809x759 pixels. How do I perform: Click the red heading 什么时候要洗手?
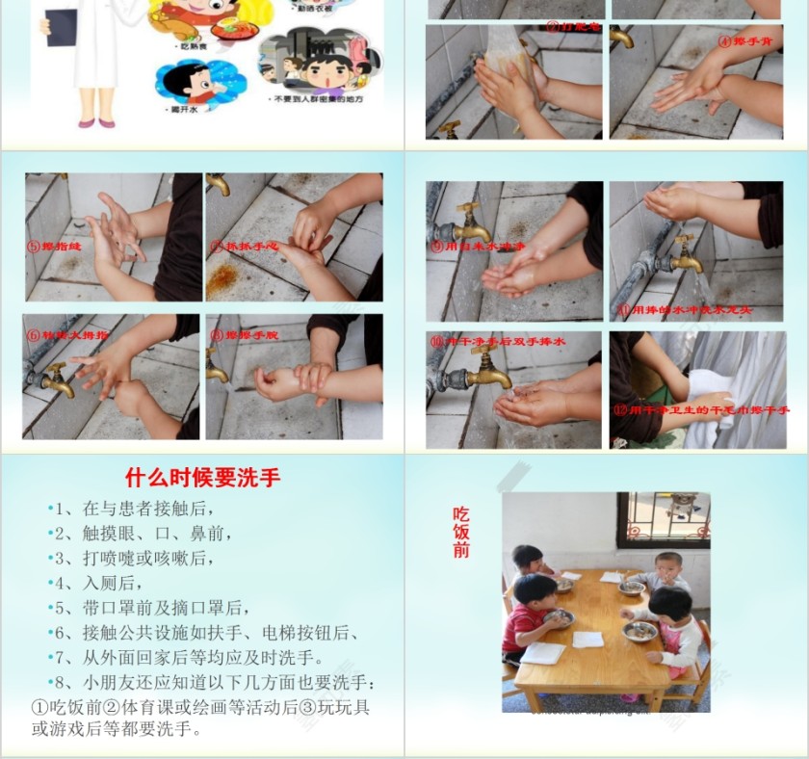pyautogui.click(x=202, y=477)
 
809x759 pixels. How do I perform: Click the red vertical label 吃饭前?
pyautogui.click(x=461, y=532)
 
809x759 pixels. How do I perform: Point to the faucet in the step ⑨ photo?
pyautogui.click(x=466, y=223)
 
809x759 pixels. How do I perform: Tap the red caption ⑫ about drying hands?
pyautogui.click(x=700, y=410)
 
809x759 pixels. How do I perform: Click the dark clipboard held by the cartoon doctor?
pyautogui.click(x=60, y=27)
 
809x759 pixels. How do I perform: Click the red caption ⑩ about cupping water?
pyautogui.click(x=498, y=342)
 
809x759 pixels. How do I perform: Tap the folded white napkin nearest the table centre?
pyautogui.click(x=587, y=639)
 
